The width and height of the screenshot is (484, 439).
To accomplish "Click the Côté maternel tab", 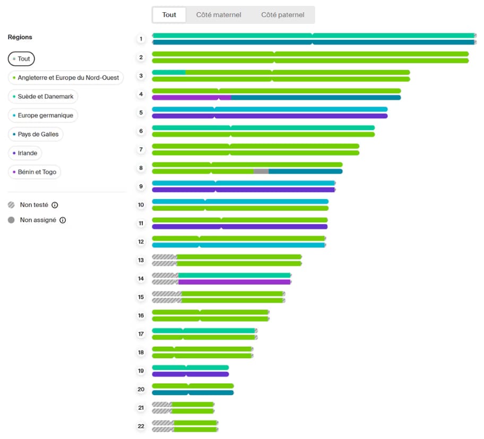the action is point(219,15).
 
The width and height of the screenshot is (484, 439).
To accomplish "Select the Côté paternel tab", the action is point(282,15).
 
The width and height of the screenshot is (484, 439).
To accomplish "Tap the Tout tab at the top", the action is point(169,15).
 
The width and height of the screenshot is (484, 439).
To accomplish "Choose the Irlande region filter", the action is point(25,153).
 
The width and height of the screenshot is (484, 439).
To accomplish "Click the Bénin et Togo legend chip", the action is point(34,172).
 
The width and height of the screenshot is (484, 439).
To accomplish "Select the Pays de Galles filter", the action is point(36,134).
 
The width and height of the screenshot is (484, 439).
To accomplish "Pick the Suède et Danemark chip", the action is point(43,97).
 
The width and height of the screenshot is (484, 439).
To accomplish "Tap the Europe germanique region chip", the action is point(43,116).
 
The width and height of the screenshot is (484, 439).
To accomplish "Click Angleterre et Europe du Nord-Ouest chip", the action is point(66,78).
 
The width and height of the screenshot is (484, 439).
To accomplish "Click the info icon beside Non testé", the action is point(55,205).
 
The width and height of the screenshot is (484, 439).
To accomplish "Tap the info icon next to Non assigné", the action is point(63,220).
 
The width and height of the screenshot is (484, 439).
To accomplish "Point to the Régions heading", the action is point(20,37).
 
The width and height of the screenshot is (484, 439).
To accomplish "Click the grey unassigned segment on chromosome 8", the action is point(261,171).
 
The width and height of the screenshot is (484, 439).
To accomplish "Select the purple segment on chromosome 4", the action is point(192,98).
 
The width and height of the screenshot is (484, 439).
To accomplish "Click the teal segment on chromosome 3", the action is point(169,73).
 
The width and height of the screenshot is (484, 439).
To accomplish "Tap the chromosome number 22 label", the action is point(141,426).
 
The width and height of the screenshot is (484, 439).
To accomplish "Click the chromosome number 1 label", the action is point(141,39).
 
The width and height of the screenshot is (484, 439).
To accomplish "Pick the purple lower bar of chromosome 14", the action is point(234,282).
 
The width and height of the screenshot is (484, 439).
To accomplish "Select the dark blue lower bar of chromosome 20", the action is point(193,393).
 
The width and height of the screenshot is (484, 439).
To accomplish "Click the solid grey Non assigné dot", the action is point(11,220).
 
